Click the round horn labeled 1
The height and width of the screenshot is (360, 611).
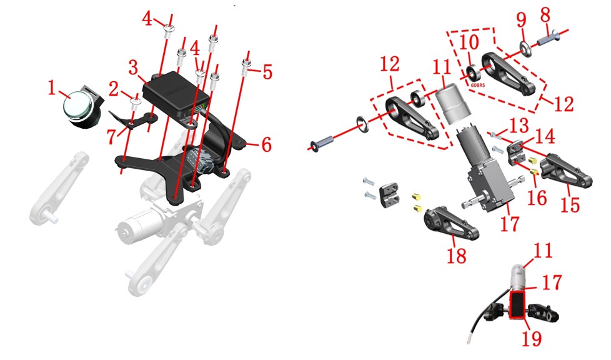(82, 107)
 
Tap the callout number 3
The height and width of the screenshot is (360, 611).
(133, 67)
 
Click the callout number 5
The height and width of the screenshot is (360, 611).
(267, 72)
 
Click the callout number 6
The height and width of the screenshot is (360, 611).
(267, 145)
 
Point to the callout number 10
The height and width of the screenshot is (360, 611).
(469, 42)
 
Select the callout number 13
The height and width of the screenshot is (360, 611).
(519, 126)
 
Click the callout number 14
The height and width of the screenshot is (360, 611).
(544, 136)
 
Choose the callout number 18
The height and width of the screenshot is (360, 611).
(456, 256)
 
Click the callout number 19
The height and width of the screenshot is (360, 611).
(532, 338)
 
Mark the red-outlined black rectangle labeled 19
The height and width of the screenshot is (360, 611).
(517, 306)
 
